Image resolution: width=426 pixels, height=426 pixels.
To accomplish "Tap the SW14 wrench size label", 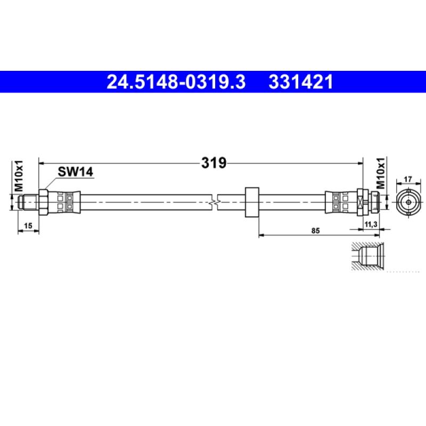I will [x=75, y=171].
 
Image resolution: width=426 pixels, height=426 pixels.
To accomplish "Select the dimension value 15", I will [x=29, y=226].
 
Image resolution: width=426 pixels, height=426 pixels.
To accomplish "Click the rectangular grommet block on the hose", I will [x=250, y=202].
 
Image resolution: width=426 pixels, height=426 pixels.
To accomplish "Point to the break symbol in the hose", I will [x=214, y=202].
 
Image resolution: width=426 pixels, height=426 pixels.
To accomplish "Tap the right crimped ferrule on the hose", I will [x=339, y=202].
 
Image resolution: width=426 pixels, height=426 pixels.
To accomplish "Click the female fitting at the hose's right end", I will [x=370, y=202].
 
